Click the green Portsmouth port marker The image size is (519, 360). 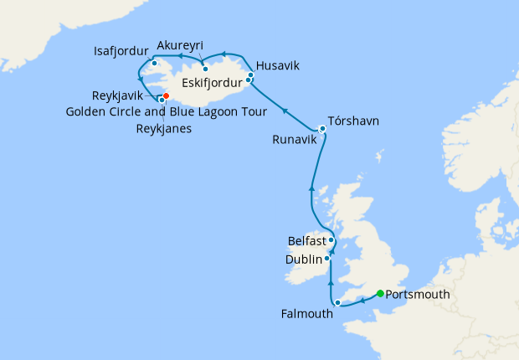[x=380, y=293]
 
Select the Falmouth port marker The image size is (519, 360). [x=337, y=302]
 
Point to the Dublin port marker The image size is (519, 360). [x=327, y=259]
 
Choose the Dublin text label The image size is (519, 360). [x=303, y=260]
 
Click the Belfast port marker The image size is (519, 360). [x=331, y=240]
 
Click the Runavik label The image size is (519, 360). [x=294, y=141]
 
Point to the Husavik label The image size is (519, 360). [x=277, y=65]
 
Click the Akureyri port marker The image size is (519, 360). [x=205, y=69]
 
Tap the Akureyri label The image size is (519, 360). [x=180, y=45]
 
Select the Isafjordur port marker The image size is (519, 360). [x=155, y=64]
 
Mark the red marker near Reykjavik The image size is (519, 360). [x=167, y=96]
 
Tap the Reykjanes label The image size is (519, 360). [x=162, y=128]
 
